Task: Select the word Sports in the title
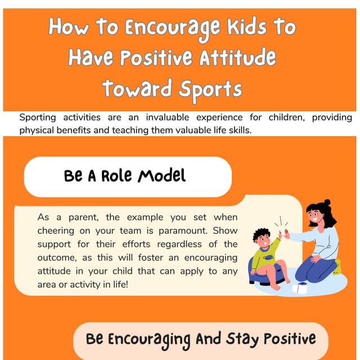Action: coord(210,89)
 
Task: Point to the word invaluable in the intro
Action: coord(166,118)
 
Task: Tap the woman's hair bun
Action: coord(327,202)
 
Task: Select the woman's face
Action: coord(314,217)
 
